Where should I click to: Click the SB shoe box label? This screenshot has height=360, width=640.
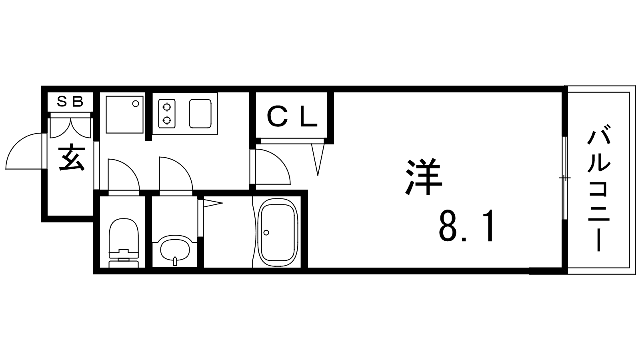(70, 102)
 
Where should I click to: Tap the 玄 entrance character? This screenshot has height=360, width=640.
(72, 159)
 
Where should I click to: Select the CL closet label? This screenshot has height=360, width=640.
(292, 117)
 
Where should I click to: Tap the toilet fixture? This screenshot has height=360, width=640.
(124, 243)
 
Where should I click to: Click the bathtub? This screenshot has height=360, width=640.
(278, 233)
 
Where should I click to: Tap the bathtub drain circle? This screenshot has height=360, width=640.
(266, 232)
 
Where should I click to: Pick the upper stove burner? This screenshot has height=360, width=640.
(166, 107)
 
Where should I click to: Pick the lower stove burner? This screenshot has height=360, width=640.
(166, 120)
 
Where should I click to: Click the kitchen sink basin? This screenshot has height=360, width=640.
(200, 114)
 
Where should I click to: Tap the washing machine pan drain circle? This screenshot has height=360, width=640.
(136, 104)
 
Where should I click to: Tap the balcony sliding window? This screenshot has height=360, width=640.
(564, 178)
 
